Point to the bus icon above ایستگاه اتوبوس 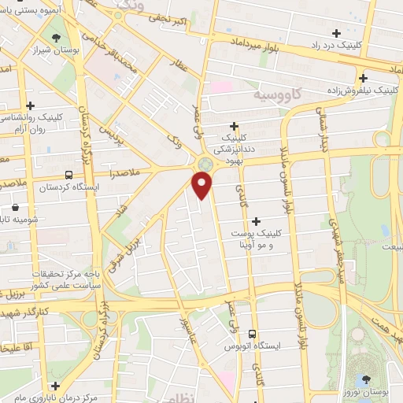tap(253, 334)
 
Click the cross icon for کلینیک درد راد tap(338, 33)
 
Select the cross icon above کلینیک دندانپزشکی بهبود tap(235, 126)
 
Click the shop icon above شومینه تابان tap(13, 209)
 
